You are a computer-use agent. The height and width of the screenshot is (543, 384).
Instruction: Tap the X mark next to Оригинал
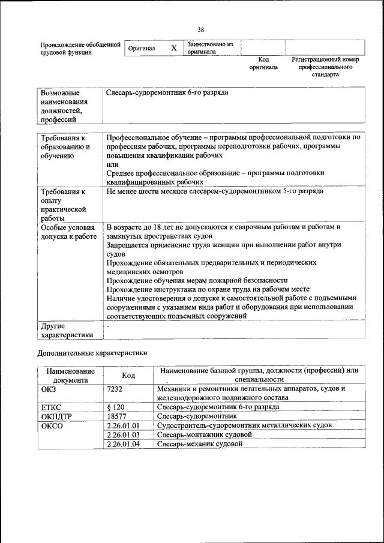point(173,49)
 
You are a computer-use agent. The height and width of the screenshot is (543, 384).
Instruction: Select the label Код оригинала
point(263,64)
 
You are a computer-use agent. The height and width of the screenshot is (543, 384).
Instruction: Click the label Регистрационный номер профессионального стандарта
point(325,67)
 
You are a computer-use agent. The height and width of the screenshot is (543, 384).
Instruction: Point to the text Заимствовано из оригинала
point(209,48)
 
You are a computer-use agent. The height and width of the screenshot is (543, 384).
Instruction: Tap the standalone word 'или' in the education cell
point(112,164)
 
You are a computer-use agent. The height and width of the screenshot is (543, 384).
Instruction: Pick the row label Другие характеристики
point(67,331)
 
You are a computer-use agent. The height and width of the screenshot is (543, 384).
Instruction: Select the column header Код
point(128,375)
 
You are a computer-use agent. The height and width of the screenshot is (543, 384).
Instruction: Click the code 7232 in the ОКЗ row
point(115,388)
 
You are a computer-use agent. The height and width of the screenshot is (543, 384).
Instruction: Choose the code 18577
point(116,416)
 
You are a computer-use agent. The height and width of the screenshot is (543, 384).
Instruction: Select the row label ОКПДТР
point(58,416)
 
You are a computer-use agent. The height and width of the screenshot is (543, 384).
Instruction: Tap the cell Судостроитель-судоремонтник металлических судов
point(244,425)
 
